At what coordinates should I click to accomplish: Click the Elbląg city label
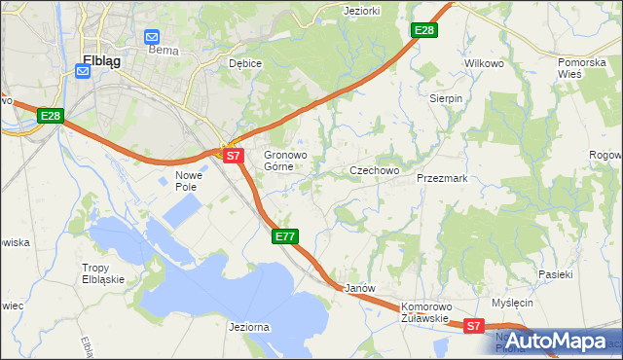tap(101, 59)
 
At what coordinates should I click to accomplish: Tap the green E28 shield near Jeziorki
tap(423, 30)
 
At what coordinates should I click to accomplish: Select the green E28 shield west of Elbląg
tap(52, 116)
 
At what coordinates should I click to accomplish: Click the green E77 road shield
tap(285, 236)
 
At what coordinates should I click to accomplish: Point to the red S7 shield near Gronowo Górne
tap(232, 155)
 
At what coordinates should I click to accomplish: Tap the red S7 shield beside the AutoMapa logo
tap(474, 327)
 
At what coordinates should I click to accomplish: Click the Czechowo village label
tap(375, 171)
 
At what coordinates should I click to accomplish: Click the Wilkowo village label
tap(484, 63)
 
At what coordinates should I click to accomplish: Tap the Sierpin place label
tap(446, 99)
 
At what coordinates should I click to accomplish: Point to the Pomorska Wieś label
tap(583, 68)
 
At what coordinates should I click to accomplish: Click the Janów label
tap(360, 289)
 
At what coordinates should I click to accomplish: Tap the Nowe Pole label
tap(187, 181)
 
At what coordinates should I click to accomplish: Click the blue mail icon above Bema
tap(153, 36)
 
